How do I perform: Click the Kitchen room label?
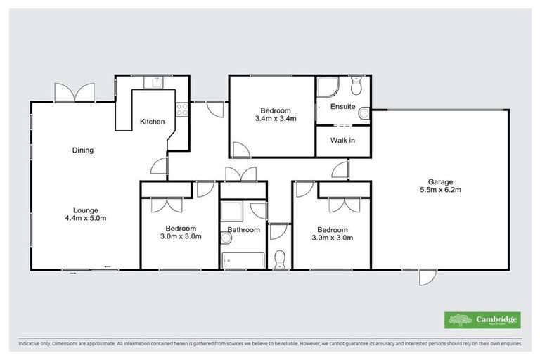pyautogui.click(x=152, y=122)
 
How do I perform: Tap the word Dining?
pyautogui.click(x=83, y=150)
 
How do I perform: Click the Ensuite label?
pyautogui.click(x=342, y=107)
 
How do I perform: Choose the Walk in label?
pyautogui.click(x=342, y=141)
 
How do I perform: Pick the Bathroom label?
pyautogui.click(x=243, y=230)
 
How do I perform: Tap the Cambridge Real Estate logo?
pyautogui.click(x=483, y=320)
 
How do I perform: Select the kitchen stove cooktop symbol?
pyautogui.click(x=181, y=109)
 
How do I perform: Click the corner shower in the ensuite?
pyautogui.click(x=327, y=86)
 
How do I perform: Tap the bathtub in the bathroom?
pyautogui.click(x=243, y=259)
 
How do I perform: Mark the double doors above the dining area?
pyautogui.click(x=75, y=92)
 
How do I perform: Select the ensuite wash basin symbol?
pyautogui.click(x=364, y=113)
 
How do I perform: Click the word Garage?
pyautogui.click(x=440, y=181)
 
